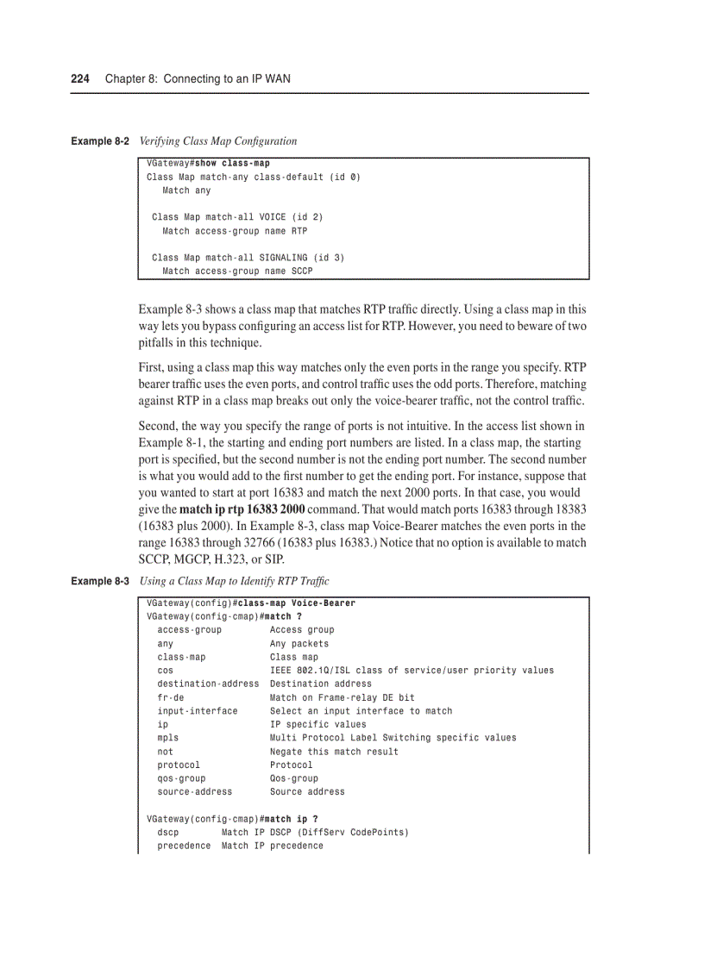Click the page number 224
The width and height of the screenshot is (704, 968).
click(x=80, y=78)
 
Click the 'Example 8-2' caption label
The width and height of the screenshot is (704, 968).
click(x=100, y=141)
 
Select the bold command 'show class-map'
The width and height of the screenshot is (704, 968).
click(x=232, y=163)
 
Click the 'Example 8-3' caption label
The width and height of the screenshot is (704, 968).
click(x=100, y=581)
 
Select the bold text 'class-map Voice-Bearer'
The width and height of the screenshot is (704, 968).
click(x=296, y=603)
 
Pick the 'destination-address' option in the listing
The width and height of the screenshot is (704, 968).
click(x=208, y=684)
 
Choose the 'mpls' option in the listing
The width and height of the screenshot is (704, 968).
click(x=167, y=738)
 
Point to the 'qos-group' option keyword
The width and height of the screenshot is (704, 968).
click(x=181, y=778)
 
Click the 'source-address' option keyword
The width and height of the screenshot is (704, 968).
click(x=194, y=792)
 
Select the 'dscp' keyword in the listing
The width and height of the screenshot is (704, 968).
click(x=167, y=833)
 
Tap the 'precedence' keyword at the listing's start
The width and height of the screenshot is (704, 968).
click(x=184, y=846)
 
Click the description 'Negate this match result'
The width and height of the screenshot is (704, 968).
click(x=334, y=752)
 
